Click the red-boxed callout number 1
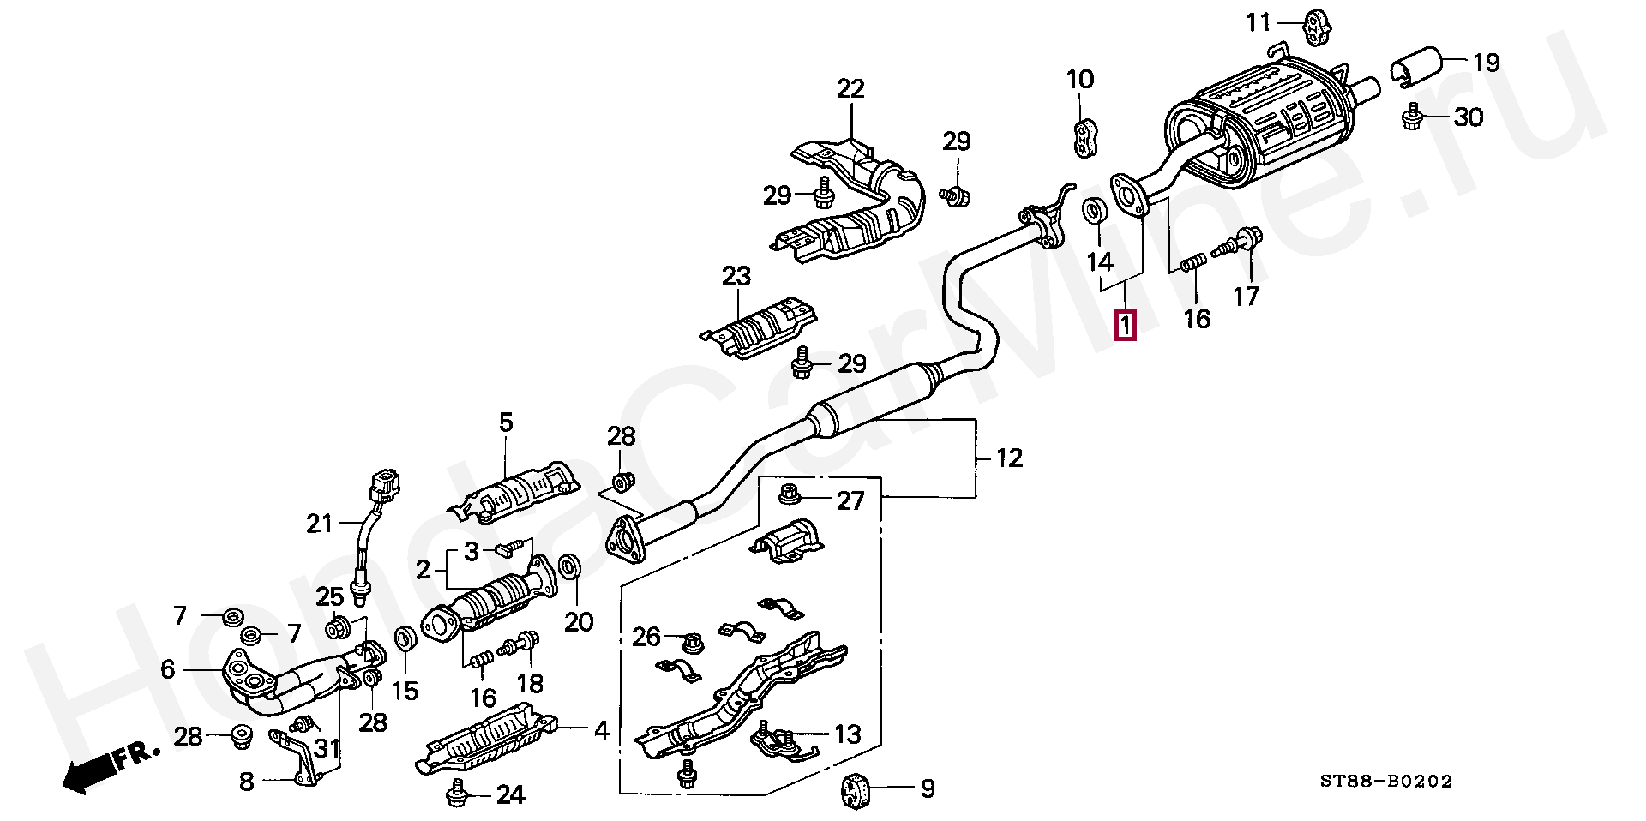click(1125, 326)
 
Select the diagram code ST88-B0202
click(1385, 782)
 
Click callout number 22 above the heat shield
click(850, 88)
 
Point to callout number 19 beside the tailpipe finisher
click(1486, 63)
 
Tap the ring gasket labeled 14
click(1094, 211)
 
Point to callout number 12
click(1011, 458)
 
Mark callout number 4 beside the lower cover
click(602, 731)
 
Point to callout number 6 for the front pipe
click(168, 669)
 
